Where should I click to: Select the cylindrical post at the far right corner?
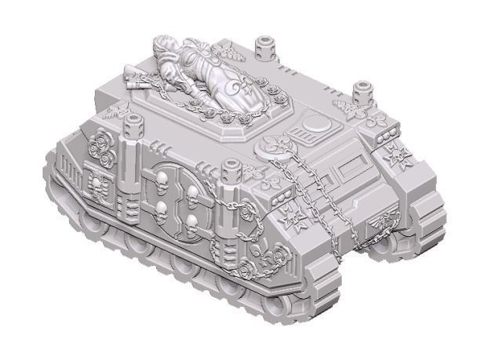click(362, 92)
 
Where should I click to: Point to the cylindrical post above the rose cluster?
click(135, 125)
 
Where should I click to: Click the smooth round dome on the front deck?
click(318, 124)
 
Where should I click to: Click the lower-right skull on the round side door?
click(191, 219)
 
